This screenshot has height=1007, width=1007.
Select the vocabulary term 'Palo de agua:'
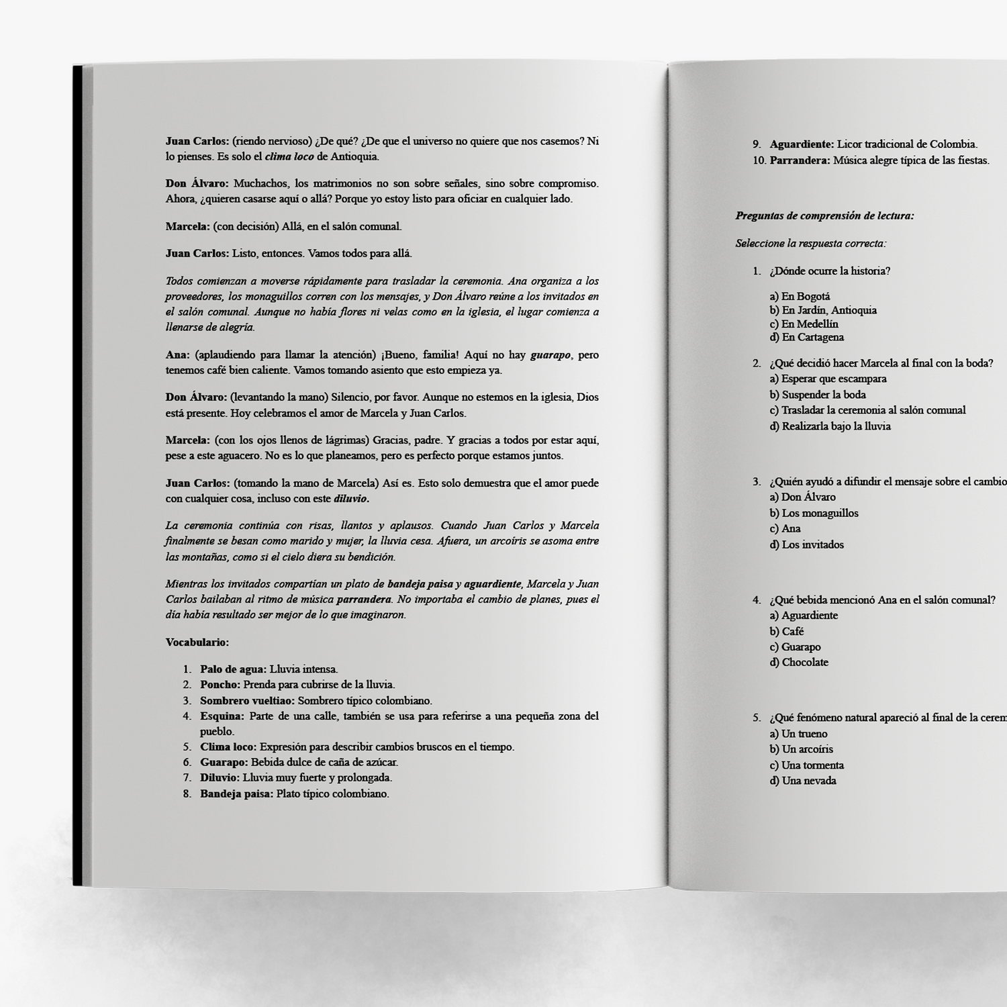point(233,669)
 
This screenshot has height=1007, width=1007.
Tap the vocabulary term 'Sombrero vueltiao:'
point(247,701)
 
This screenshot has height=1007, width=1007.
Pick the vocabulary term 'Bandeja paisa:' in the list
point(236,794)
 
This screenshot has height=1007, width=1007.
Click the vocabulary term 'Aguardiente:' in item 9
point(802,144)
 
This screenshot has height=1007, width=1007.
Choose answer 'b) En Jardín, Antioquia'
point(822,310)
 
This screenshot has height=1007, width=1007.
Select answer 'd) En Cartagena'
point(806,337)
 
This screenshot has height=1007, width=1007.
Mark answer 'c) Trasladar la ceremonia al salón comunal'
point(867,410)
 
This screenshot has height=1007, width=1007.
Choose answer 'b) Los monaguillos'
point(814,513)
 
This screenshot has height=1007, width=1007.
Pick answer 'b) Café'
point(786,631)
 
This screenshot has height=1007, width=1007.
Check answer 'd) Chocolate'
point(799,662)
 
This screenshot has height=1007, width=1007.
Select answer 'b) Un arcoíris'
point(801,749)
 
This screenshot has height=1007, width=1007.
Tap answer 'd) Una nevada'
point(802,781)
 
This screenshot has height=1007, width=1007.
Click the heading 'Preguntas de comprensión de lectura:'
point(824,216)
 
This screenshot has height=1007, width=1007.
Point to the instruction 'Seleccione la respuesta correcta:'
point(810,244)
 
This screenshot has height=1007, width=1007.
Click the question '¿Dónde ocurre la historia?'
point(830,271)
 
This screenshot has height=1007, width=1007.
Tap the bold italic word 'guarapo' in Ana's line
point(550,355)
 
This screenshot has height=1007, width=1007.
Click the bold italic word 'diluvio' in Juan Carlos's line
point(351,499)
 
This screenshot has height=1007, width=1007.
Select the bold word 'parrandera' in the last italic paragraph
point(363,600)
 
